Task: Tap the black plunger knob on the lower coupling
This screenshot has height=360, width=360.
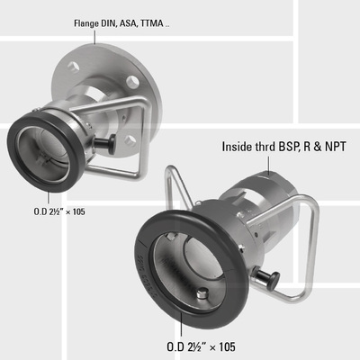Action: click(x=267, y=279)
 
